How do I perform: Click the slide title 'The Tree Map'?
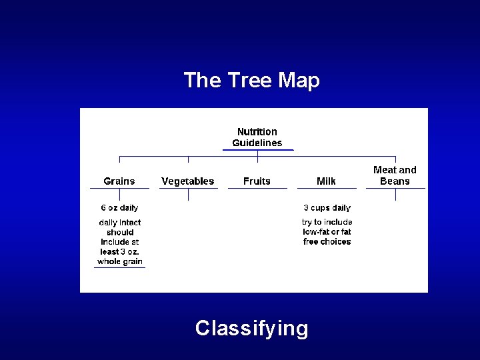pos(251,81)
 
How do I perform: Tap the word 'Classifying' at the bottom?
pos(251,328)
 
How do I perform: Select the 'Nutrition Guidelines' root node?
pos(257,137)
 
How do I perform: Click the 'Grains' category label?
pos(119,181)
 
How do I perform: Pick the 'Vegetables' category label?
pos(188,181)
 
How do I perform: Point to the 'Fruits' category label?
pos(257,181)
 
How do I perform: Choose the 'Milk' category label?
pos(327,181)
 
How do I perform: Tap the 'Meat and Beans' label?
pos(395,175)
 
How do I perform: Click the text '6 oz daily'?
pos(120,208)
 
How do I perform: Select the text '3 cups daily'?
pos(327,208)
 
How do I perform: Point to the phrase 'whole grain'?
pos(120,261)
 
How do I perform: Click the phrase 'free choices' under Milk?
pos(327,241)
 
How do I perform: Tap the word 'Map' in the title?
pos(299,81)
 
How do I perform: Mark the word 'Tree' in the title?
pos(246,81)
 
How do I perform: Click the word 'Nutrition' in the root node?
pos(257,132)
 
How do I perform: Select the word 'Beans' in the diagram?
pos(395,181)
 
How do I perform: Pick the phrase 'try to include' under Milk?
pos(327,222)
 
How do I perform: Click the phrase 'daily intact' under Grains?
pos(120,223)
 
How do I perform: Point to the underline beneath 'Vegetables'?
pos(188,189)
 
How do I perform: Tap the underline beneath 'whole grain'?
pos(120,267)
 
